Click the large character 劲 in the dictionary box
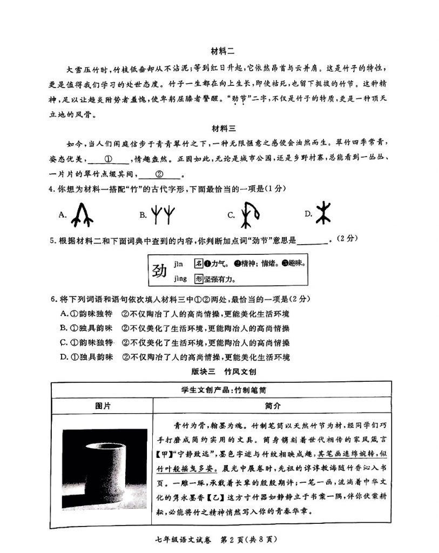coord(159,270)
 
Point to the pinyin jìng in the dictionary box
coord(180,279)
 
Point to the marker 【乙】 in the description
coord(228,497)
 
